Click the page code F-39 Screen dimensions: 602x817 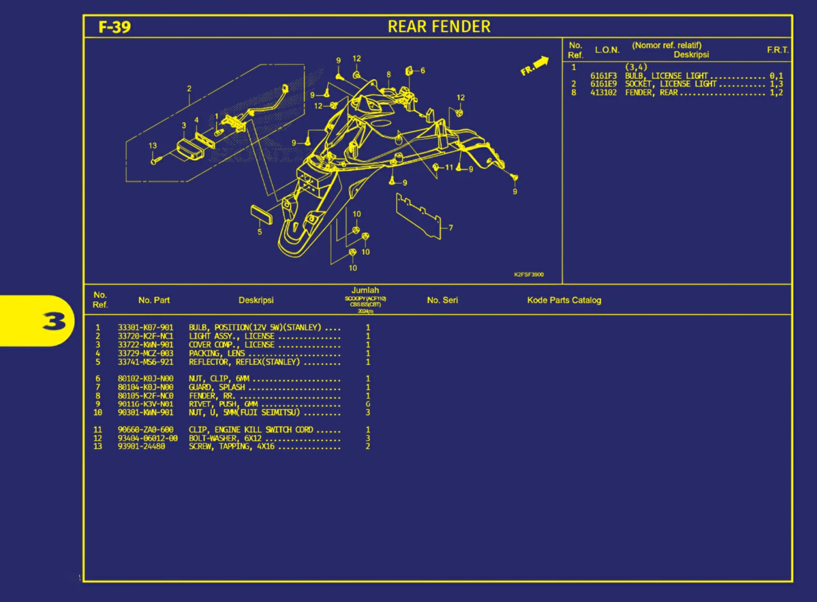114,27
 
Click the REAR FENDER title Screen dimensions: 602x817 438,27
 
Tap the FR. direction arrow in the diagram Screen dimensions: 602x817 534,66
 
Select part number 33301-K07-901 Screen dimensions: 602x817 145,327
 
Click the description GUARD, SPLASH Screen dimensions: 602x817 217,387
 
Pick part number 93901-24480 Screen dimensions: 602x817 141,447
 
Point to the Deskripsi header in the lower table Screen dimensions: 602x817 256,300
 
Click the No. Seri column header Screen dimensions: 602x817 442,300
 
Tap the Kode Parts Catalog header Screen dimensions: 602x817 564,300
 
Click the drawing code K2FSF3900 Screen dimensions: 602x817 528,275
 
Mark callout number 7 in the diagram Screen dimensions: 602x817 451,228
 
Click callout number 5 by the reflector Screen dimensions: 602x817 260,232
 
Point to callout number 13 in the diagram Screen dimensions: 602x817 153,146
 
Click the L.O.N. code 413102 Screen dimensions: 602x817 603,93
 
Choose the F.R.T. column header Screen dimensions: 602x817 777,50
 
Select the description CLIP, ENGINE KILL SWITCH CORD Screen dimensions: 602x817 251,430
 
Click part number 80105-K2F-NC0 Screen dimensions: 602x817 145,396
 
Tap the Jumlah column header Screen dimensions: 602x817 365,291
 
